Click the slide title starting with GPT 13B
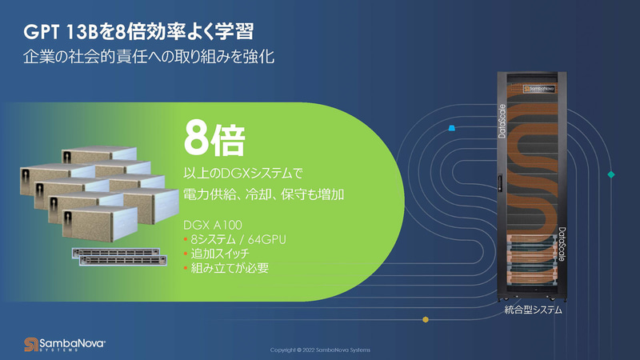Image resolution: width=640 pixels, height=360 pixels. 139,33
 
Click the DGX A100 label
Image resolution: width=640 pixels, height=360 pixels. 213,224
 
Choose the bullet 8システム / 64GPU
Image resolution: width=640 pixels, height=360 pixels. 235,239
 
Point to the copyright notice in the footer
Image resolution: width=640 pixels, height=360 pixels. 320,350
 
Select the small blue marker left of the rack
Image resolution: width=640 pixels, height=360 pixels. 453,127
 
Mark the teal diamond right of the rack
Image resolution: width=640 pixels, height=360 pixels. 611,174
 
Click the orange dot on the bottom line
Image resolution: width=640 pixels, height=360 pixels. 426,320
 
